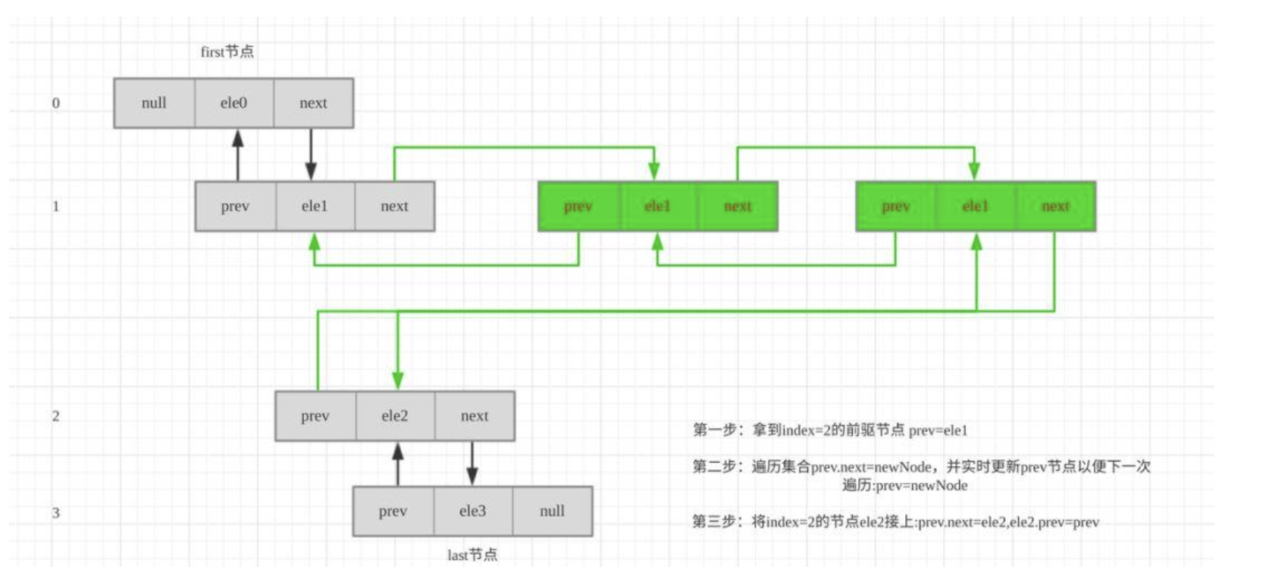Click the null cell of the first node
coord(154,103)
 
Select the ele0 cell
coord(233,103)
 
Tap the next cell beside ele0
coord(313,103)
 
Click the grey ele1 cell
coord(315,206)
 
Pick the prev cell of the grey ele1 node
coord(235,206)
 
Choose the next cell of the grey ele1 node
coord(394,206)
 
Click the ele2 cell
coord(394,416)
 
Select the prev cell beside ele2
coord(315,416)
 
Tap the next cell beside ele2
coord(475,416)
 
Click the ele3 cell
coord(472,512)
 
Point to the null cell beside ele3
coord(552,512)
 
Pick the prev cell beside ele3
coord(393,512)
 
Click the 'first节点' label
coord(227,52)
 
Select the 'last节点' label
coord(472,555)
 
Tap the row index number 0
coord(55,103)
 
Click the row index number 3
coord(55,513)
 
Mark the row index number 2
coord(55,416)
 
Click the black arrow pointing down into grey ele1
coord(311,155)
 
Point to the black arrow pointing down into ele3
coord(472,464)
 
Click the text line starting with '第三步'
coord(895,521)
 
